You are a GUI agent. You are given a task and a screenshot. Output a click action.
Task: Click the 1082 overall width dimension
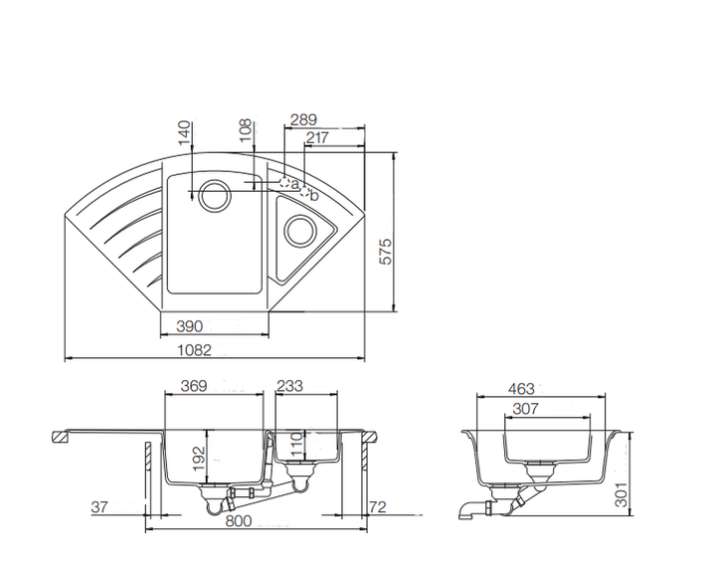(x=195, y=350)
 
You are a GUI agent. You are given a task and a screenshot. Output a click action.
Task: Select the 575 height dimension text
(x=386, y=252)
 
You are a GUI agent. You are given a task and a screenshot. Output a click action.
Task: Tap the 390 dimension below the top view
(x=190, y=326)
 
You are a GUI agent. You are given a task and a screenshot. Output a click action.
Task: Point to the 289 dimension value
(x=303, y=119)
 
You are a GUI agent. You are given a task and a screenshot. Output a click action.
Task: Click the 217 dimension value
(x=317, y=137)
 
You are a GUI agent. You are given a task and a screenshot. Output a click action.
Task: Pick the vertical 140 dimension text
(x=184, y=132)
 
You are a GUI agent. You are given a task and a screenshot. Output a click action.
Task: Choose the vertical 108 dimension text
(x=246, y=130)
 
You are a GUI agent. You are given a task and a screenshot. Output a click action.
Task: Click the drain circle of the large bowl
(x=214, y=195)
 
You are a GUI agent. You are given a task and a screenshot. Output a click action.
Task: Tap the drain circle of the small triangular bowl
(x=300, y=230)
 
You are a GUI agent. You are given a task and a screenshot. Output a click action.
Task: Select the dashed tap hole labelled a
(x=284, y=184)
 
